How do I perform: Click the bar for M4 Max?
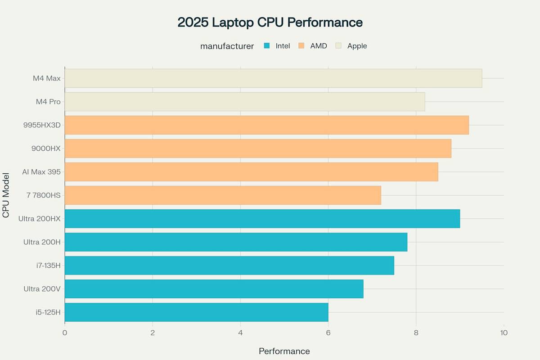[273, 78]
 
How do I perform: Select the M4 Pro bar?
[245, 102]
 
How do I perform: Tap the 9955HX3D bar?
[267, 125]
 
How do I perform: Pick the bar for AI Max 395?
[251, 172]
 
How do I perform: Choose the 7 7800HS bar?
[223, 195]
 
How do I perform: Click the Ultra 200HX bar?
[262, 219]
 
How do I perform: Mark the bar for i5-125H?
[196, 312]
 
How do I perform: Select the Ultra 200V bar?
[214, 289]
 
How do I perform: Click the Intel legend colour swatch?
[267, 46]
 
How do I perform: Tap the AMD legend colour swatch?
[301, 46]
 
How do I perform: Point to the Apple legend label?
[357, 46]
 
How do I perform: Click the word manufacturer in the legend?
[227, 46]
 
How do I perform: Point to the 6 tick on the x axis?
[328, 333]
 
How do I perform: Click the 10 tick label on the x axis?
[504, 333]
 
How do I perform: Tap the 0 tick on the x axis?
[65, 333]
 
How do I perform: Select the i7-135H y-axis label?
[49, 265]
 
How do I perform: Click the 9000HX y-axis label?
[46, 148]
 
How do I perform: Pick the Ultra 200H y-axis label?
[42, 242]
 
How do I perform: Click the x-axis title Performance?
[284, 351]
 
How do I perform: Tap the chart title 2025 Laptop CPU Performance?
[270, 22]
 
